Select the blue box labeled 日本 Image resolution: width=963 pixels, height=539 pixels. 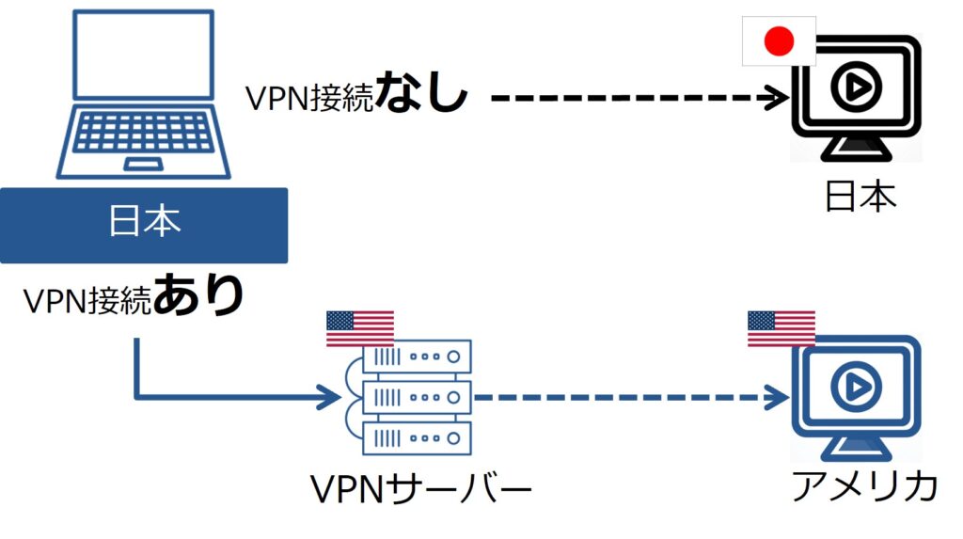pyautogui.click(x=143, y=225)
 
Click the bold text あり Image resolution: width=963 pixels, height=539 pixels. pyautogui.click(x=198, y=296)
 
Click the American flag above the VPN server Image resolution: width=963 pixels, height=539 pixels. pyautogui.click(x=359, y=328)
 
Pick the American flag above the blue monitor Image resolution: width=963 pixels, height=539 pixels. pyautogui.click(x=781, y=328)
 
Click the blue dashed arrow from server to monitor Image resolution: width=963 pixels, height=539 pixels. pyautogui.click(x=630, y=396)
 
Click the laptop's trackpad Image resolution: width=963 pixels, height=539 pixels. pyautogui.click(x=143, y=166)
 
